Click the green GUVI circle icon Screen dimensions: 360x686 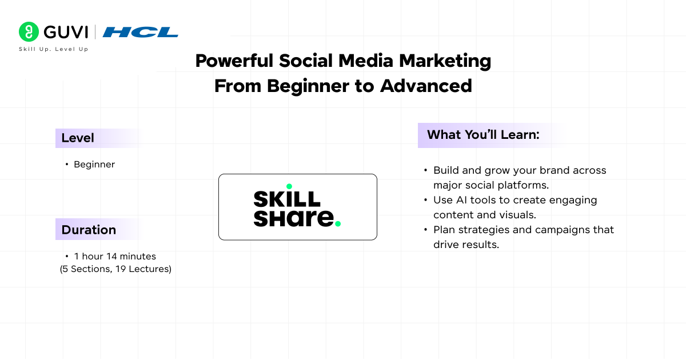29,32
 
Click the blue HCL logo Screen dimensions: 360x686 141,32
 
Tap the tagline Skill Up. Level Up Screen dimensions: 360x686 53,49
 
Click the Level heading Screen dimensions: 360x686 78,138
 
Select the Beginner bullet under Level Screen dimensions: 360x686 94,165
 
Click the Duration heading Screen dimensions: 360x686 89,230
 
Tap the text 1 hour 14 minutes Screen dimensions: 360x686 115,257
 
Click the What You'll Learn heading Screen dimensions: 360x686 483,135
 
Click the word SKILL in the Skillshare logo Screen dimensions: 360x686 287,199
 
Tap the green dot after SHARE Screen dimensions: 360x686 338,224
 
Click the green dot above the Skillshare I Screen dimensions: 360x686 289,186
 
